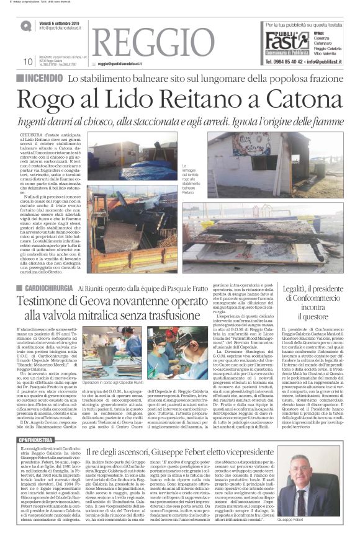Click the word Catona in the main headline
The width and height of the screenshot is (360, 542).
click(295, 99)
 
